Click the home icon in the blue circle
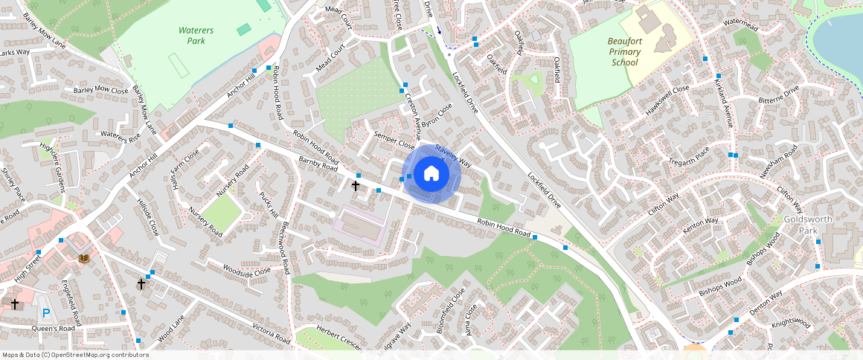[431, 175]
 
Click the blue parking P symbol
[46, 314]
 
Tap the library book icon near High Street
[84, 257]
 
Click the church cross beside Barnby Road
[356, 185]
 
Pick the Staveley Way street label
[453, 154]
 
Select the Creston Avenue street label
[412, 115]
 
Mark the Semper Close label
[394, 140]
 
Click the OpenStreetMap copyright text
[76, 355]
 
